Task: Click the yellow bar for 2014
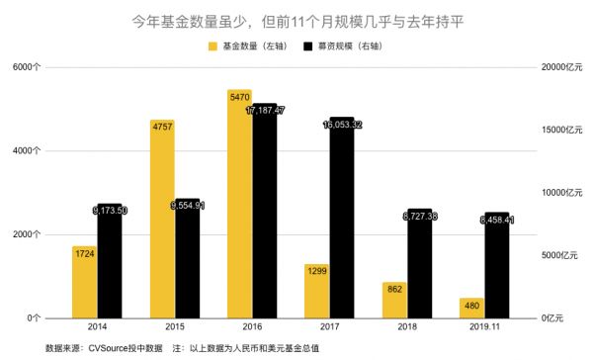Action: coord(84,282)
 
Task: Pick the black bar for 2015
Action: coord(187,257)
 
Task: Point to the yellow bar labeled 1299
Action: coord(316,291)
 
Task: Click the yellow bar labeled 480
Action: coord(471,308)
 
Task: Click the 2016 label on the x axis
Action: coord(251,326)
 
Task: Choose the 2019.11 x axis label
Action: coord(483,326)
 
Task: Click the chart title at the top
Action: coord(296,20)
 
